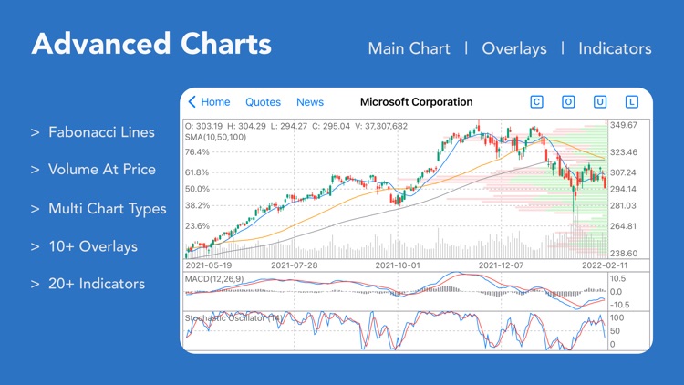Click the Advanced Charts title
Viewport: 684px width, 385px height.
tap(151, 44)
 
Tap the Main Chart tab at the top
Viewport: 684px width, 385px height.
tap(409, 48)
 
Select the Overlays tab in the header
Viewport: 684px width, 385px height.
tap(514, 48)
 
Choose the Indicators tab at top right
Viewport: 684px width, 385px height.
tap(615, 48)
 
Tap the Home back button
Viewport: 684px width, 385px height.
tap(209, 102)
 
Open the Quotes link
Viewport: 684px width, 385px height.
tap(263, 102)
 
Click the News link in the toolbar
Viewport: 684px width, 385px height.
tap(310, 102)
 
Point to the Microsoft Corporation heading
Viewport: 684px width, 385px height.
tap(417, 102)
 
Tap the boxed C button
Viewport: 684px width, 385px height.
tap(536, 102)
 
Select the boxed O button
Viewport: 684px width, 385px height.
tap(567, 102)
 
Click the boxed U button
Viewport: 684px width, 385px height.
tap(599, 102)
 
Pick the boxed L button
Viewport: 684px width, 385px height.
tap(631, 102)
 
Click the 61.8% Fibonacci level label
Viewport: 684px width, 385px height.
tap(197, 172)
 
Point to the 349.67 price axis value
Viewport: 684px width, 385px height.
tap(625, 125)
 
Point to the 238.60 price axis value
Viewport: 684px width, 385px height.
tap(625, 254)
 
